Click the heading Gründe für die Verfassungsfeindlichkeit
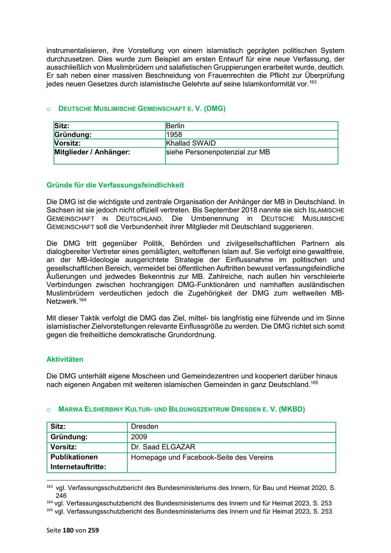(115, 185)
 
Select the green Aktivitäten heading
(65, 360)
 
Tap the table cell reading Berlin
(175, 126)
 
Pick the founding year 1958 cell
(174, 135)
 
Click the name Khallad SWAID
(191, 143)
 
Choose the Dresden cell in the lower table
(144, 427)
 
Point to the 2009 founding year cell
(139, 437)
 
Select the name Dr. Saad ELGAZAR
(163, 447)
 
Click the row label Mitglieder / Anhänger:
(92, 152)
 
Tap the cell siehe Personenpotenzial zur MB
(218, 152)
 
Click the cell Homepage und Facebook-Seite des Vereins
(202, 457)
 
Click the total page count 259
(93, 530)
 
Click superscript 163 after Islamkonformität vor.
(313, 83)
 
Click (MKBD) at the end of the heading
(292, 409)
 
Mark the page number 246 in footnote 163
(61, 495)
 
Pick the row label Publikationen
(74, 457)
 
